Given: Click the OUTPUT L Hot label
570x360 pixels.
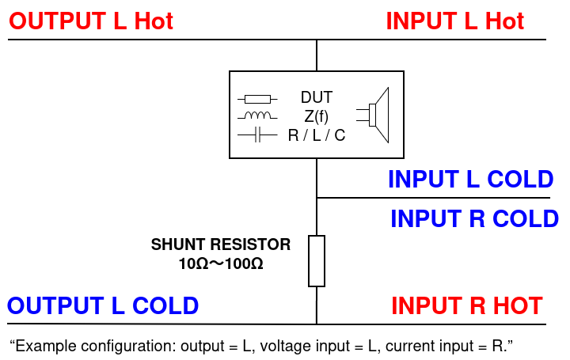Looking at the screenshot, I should coord(90,21).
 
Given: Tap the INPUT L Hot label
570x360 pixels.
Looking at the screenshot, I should coord(454,21).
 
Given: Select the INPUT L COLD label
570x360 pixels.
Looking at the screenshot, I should coord(470,180).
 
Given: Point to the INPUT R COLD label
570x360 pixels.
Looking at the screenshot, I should coord(474,218).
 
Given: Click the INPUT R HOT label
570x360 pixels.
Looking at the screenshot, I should coord(467,305).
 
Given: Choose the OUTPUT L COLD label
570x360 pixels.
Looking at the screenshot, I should coord(103,305).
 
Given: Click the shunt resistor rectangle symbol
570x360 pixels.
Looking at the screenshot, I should coord(317,260).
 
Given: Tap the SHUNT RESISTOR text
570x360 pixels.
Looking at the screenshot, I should coord(221,244).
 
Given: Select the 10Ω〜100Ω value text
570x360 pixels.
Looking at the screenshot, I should coord(221,263).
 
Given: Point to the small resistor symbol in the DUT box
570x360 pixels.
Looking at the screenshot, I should coord(257,99).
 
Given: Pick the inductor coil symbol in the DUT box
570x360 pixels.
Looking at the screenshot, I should coord(257,117).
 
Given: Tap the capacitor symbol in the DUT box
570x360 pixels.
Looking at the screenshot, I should coord(257,136).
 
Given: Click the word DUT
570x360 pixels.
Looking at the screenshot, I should coord(317,98).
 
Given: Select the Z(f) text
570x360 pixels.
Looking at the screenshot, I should coord(317,116).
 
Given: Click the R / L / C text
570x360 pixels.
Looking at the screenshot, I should coord(317,135).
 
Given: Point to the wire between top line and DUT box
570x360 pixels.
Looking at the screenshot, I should coord(317,55).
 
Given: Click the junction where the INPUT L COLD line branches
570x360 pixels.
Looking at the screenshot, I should coord(317,198).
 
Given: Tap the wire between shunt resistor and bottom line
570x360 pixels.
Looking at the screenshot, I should coord(317,305).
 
